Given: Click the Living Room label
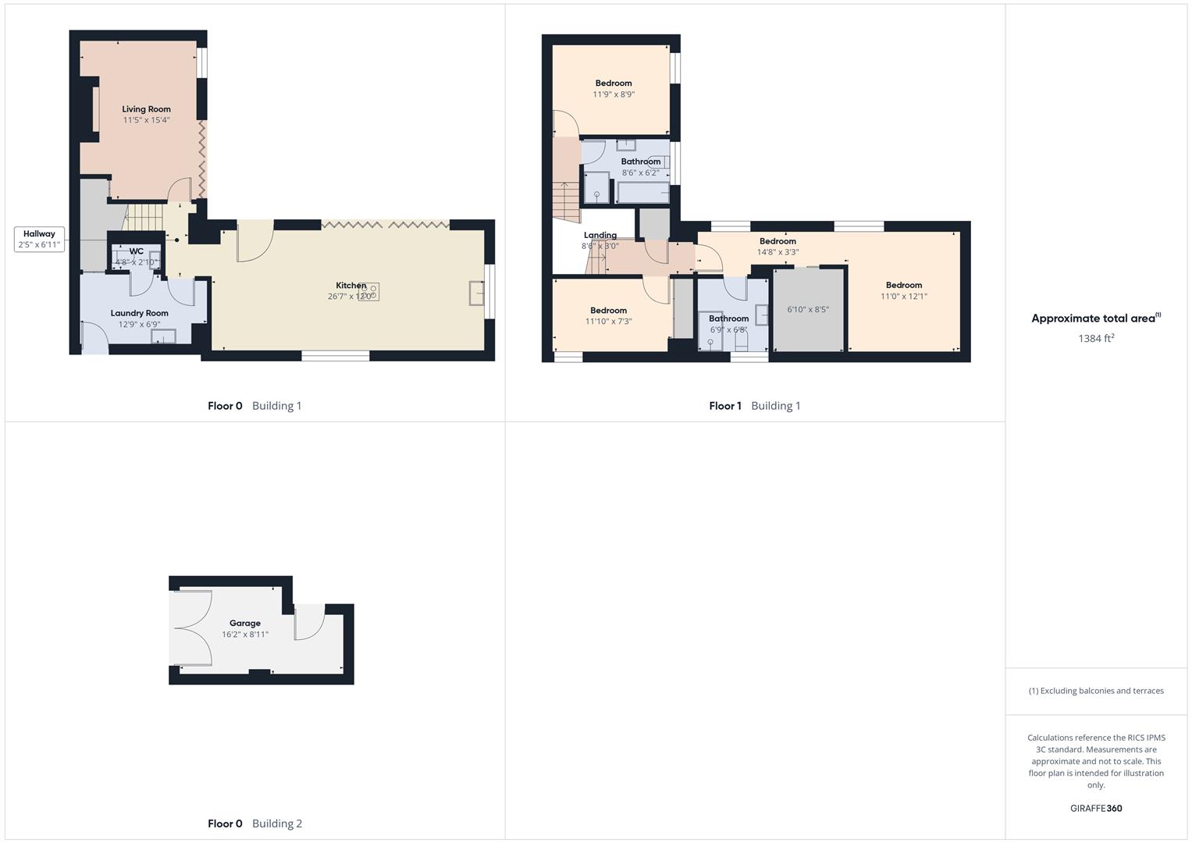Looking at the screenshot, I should pos(146,109).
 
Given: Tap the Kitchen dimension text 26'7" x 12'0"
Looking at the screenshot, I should pos(350,297).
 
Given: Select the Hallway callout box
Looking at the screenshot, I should pos(39,239).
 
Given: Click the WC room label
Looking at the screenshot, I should pos(137,251).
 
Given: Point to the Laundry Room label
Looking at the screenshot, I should pos(139,313).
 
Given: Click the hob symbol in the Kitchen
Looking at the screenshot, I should pos(369,292).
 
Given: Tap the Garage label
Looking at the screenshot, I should pos(245,623).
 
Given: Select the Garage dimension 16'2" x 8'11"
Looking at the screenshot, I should pos(245,635).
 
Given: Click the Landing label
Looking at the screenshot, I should pos(600,235).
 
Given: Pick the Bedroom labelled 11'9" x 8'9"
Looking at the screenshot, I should pos(614,84).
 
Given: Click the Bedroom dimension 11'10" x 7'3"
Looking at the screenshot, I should pos(609,322).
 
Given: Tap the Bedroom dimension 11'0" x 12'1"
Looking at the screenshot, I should pos(904,297).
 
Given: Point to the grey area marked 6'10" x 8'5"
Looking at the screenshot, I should pos(808,310).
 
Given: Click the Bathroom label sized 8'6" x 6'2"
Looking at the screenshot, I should pos(641,162).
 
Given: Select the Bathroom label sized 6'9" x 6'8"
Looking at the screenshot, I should pos(729,318).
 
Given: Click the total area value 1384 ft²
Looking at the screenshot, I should pos(1096,338).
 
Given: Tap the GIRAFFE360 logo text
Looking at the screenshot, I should pos(1096,809).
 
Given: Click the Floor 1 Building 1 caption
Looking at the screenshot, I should pos(755,406).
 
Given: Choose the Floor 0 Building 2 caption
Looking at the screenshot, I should pos(254,823).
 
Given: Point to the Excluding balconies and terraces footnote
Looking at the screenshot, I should pos(1096,691).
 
